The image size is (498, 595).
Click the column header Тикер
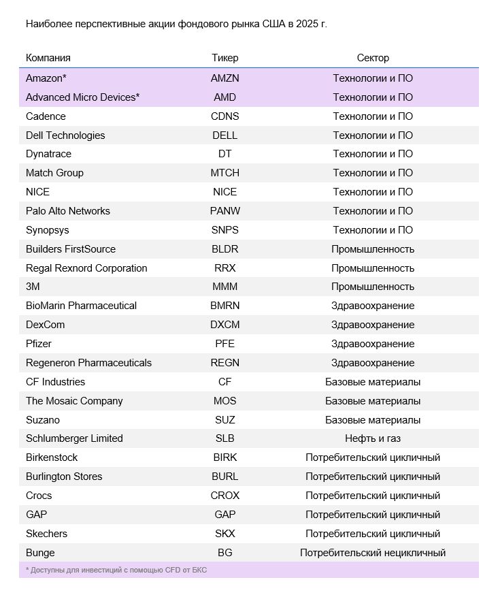coord(225,58)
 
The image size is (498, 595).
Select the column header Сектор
coord(373,58)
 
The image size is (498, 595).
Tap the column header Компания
coord(48,58)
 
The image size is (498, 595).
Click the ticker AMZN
coord(225,78)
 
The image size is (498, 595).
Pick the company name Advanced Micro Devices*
coord(82,97)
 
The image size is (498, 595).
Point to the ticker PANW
coord(225,211)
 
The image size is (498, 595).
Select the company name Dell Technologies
coord(65,135)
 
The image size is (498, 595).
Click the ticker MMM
coord(225,287)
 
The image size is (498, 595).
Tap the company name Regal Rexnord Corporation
coord(86,268)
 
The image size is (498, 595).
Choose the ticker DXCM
coord(225,325)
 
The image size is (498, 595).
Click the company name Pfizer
coord(39,344)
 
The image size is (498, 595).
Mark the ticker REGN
coord(225,363)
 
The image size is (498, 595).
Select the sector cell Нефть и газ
coord(373,438)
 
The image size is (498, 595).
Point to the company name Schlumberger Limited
coord(74,438)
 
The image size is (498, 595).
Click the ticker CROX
coord(225,496)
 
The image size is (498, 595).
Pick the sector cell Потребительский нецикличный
coord(373,553)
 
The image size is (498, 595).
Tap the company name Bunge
coord(40,553)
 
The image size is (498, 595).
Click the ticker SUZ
coord(225,420)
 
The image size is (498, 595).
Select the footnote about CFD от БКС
coord(116,570)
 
